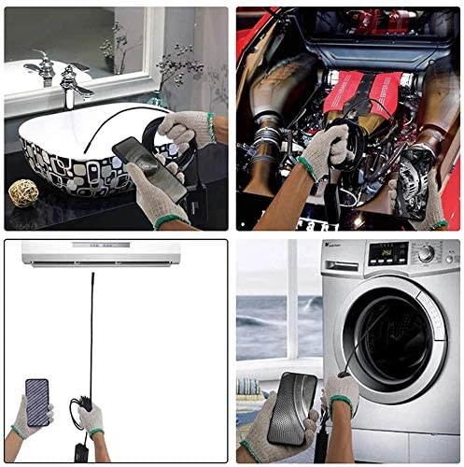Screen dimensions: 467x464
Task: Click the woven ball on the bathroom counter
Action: tap(22, 193)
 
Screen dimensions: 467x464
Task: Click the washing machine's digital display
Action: tap(387, 254)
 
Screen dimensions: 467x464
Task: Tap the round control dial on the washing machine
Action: tap(426, 253)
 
